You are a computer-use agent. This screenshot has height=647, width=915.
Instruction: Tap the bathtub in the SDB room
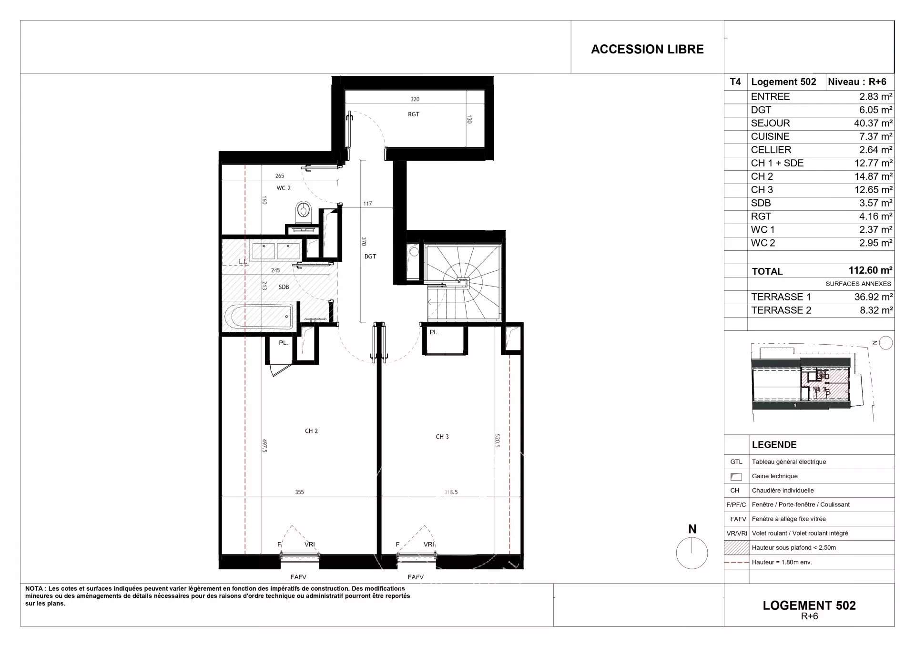pyautogui.click(x=259, y=317)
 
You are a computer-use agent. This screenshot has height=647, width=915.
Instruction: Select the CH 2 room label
pyautogui.click(x=311, y=431)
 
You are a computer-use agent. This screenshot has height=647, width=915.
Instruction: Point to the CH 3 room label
pyautogui.click(x=442, y=437)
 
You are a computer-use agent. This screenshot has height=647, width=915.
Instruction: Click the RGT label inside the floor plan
pyautogui.click(x=414, y=114)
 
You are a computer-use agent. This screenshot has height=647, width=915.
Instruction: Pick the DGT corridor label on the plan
pyautogui.click(x=370, y=257)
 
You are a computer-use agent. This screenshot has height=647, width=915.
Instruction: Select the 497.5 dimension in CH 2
pyautogui.click(x=264, y=446)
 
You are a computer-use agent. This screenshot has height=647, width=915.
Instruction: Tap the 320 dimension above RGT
pyautogui.click(x=415, y=99)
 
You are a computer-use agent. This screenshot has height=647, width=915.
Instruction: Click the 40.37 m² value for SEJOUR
pyautogui.click(x=873, y=123)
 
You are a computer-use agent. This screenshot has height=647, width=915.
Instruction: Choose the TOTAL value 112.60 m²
pyautogui.click(x=870, y=270)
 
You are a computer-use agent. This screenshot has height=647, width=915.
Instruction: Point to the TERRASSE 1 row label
pyautogui.click(x=781, y=297)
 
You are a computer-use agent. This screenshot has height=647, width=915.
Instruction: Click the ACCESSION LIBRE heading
pyautogui.click(x=647, y=49)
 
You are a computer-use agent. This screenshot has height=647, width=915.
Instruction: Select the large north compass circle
pyautogui.click(x=691, y=553)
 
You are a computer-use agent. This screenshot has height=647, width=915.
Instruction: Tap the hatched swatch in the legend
pyautogui.click(x=736, y=548)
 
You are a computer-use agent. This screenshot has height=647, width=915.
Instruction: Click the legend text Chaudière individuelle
pyautogui.click(x=783, y=491)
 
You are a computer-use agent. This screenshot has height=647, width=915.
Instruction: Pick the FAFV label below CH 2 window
pyautogui.click(x=298, y=577)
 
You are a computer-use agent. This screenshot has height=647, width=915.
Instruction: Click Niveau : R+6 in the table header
pyautogui.click(x=857, y=82)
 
